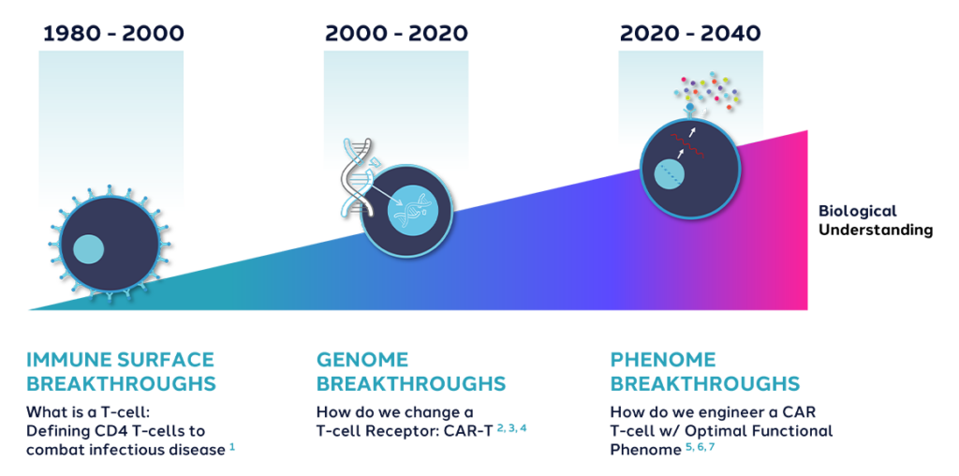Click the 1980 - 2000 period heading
[112, 34]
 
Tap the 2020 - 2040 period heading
[689, 34]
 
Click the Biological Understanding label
[875, 220]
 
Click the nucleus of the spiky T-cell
[89, 249]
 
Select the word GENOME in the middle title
[362, 360]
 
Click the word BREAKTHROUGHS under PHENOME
[704, 384]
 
